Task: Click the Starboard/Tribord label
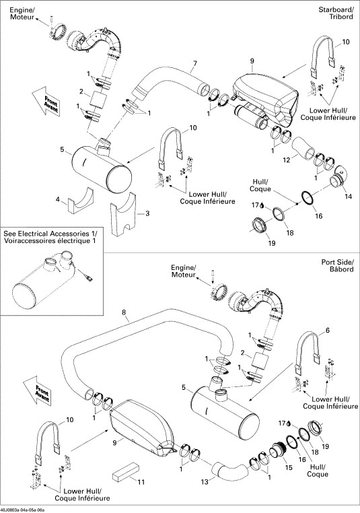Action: pos(336,13)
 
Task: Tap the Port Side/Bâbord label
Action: pos(337,266)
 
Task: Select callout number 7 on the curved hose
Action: pos(195,63)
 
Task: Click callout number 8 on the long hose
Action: pos(124,312)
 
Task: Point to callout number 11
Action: pos(141,482)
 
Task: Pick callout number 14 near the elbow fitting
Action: pos(349,197)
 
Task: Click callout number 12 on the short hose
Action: pos(287,160)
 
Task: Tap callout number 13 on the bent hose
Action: pos(205,482)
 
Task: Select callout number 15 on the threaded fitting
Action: pos(289,467)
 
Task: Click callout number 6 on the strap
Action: pos(328,331)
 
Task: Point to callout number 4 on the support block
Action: pos(58,199)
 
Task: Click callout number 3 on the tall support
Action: pos(147,213)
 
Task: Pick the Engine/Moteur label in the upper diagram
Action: pos(22,13)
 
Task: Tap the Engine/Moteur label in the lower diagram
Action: pos(184,271)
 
